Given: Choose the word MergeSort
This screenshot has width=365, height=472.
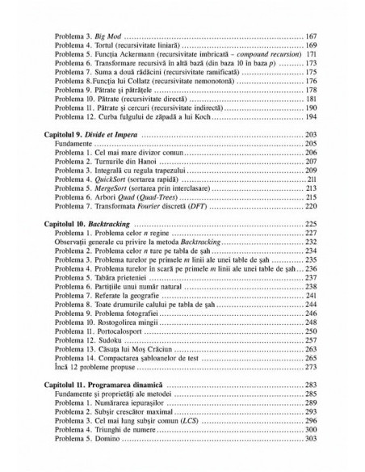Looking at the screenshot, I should click(113, 188).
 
